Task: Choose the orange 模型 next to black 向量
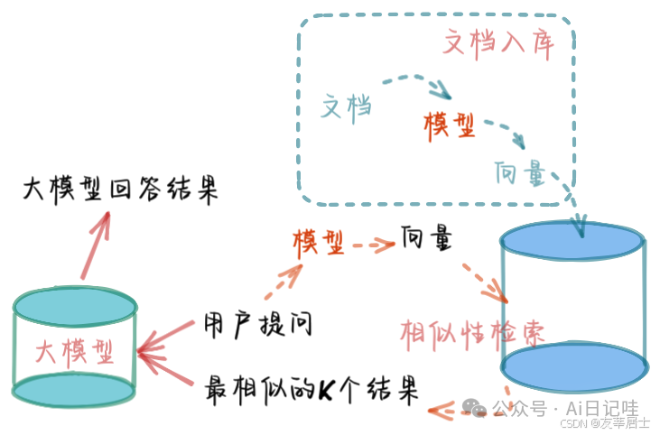318,241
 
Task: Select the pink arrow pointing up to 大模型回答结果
96,244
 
